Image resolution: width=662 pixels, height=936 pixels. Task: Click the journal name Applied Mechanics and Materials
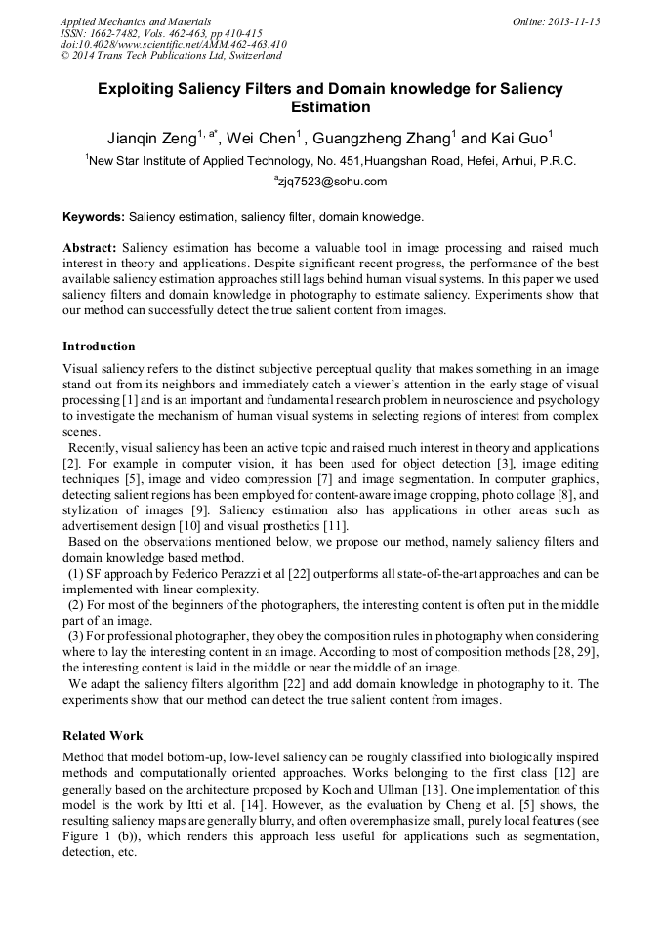coord(136,20)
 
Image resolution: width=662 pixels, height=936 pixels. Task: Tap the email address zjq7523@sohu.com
coord(333,182)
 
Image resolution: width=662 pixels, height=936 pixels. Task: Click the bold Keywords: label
coord(93,216)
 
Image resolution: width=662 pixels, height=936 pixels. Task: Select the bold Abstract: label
coord(90,248)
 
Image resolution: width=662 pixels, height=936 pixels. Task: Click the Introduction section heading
coord(99,346)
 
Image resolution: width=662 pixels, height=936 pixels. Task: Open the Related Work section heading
coord(103,735)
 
